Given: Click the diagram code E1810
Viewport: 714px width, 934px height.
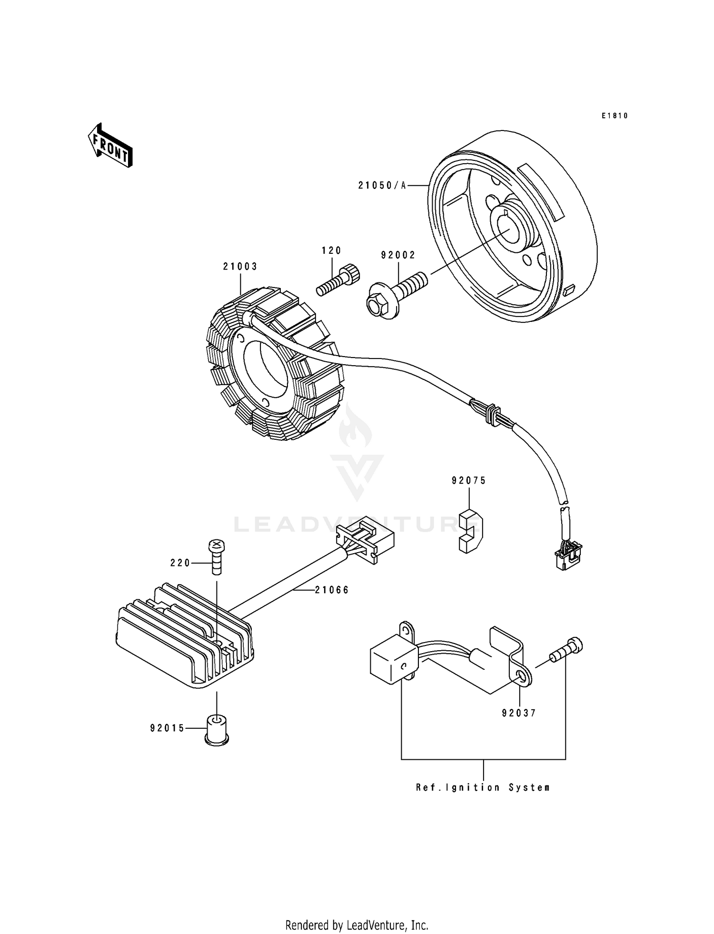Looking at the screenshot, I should tap(615, 116).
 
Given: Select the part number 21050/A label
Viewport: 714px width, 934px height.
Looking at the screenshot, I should tap(382, 186).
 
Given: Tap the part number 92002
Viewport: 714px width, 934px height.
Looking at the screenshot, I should tap(398, 255).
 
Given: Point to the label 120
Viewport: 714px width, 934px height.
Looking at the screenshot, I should tap(332, 250).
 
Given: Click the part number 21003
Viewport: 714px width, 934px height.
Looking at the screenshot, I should tap(240, 267).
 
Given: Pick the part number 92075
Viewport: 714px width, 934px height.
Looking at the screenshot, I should tap(469, 481).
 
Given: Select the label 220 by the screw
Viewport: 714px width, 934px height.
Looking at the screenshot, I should tap(180, 563).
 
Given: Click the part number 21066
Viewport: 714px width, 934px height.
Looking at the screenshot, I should tap(332, 590).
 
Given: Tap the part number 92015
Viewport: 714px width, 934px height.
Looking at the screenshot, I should tap(167, 728).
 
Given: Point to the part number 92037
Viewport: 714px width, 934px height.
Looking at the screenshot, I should tap(519, 713).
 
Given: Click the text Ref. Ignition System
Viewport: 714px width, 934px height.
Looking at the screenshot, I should tap(483, 788).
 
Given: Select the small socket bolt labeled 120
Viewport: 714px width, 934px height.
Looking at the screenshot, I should tap(339, 281).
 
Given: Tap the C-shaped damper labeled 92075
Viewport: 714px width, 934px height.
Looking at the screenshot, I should tap(470, 531).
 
